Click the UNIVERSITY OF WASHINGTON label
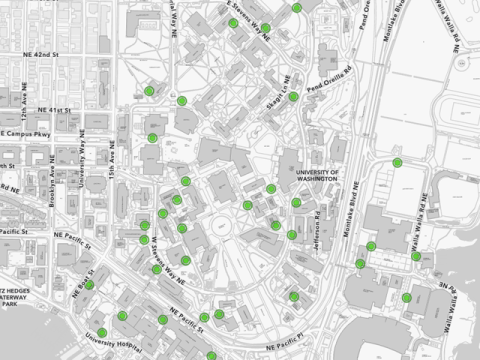(319, 177)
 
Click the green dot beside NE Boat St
(89, 284)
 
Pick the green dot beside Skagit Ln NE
(293, 97)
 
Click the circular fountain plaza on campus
(219, 219)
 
